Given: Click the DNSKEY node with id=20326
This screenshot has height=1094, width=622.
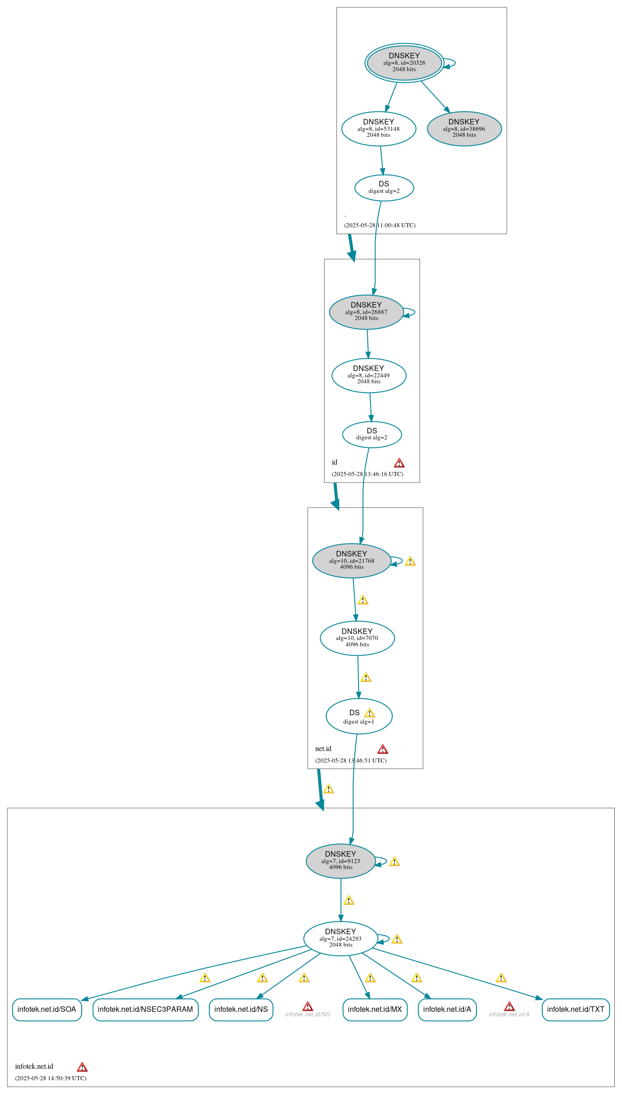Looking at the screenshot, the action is tap(404, 63).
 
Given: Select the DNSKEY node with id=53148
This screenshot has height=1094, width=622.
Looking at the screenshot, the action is tap(379, 129).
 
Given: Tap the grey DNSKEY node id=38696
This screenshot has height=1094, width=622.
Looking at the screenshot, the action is tap(464, 129).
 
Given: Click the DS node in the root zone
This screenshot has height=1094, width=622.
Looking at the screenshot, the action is tap(384, 188).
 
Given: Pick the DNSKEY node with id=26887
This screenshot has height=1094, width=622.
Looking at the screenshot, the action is tap(366, 312).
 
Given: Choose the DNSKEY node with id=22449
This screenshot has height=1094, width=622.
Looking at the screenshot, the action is tap(369, 376).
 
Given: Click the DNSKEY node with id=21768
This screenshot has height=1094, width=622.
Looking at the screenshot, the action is tap(352, 561).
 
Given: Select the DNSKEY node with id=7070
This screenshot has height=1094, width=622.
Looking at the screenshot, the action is tap(357, 638).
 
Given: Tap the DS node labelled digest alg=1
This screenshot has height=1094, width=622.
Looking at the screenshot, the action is tap(359, 716).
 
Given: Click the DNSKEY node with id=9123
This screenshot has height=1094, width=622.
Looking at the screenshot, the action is tap(341, 861).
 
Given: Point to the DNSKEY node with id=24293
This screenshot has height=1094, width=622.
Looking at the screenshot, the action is tap(341, 939).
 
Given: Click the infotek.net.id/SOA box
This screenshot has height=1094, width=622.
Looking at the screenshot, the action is tap(47, 1010).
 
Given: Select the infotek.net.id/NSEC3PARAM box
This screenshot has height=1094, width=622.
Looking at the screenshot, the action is tap(146, 1010).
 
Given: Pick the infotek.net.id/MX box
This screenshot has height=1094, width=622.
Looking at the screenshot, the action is tap(375, 1010).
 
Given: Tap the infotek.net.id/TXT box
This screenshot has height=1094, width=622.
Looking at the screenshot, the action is tap(576, 1010).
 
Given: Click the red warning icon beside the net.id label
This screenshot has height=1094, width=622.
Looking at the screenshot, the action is tap(383, 750).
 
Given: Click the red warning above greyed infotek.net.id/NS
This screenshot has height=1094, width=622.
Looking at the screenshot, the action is tap(308, 1007).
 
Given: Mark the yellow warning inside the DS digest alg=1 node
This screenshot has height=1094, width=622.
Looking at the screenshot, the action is tap(370, 713).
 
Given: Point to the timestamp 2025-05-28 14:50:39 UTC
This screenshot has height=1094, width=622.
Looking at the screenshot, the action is tap(51, 1078).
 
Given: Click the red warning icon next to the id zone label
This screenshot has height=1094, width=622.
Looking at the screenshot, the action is tap(399, 463).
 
